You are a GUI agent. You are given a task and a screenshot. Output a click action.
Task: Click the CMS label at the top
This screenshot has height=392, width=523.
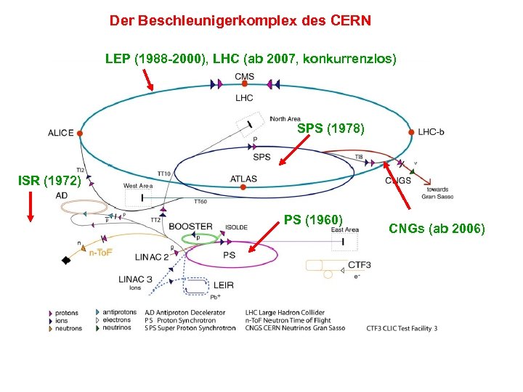point(245,77)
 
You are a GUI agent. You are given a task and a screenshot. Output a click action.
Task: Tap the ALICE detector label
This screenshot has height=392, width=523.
point(61,133)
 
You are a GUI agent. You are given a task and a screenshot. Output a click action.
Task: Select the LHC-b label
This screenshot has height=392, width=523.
point(431,132)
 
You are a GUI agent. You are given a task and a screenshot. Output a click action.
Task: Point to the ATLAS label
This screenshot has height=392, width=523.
point(243,179)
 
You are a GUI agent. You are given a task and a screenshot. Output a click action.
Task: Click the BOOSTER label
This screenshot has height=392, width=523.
point(190,226)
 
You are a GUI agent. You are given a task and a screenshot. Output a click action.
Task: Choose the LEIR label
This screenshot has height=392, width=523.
point(224,285)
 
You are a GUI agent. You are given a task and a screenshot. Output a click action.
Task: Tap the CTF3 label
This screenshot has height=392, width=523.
point(360,265)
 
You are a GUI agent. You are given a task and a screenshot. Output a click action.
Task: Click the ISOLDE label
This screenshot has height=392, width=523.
point(236,227)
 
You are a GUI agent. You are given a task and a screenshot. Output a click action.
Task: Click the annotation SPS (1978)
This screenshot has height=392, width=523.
point(331,129)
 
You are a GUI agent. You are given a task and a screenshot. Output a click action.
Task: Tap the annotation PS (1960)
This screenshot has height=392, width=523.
point(313,219)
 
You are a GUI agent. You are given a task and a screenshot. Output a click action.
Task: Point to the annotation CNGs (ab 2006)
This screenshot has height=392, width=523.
point(437,229)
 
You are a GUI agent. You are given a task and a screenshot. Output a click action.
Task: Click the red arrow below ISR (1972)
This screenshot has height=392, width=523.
point(31,207)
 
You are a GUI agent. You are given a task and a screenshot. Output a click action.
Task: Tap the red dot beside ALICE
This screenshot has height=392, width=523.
point(80,134)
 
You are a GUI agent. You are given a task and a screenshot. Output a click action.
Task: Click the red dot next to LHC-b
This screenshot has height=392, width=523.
point(411,132)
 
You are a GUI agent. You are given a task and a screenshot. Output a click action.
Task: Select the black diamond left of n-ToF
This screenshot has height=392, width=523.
point(66,260)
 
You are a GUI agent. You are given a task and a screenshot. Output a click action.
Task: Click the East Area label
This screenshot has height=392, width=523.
point(345,230)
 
